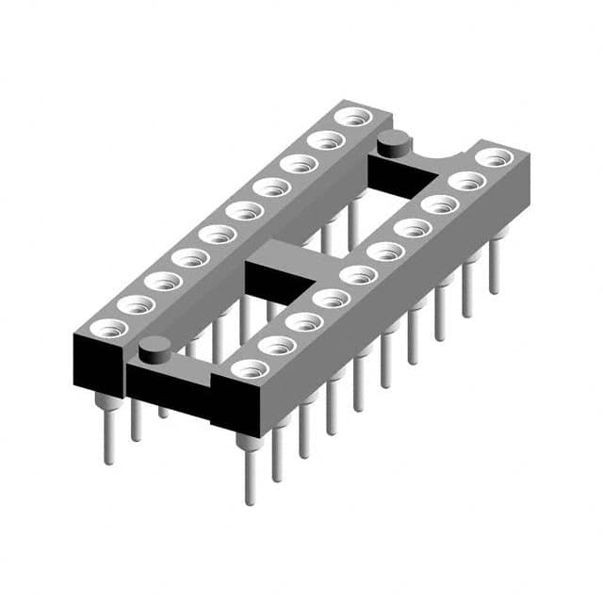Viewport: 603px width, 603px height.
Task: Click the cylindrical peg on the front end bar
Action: (154, 350)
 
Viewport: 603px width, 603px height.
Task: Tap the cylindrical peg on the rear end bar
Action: (394, 144)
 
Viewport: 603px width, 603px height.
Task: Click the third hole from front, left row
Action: (163, 281)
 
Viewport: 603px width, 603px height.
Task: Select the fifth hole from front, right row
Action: (359, 275)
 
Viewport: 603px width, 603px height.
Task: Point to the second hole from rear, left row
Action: (326, 141)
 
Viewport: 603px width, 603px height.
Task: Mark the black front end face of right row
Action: (236, 406)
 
